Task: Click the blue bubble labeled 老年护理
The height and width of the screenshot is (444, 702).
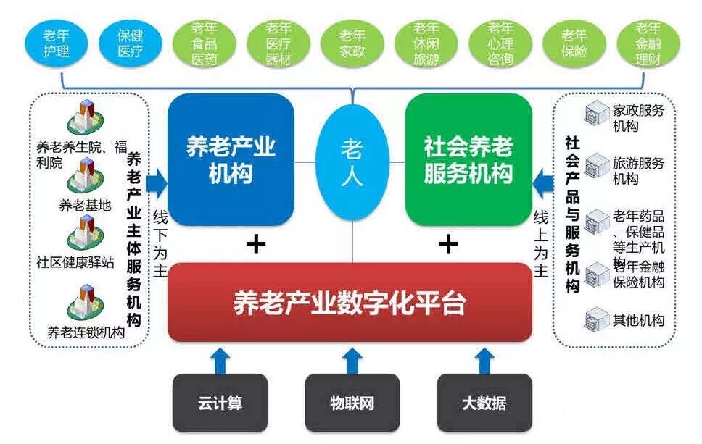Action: [x=57, y=43]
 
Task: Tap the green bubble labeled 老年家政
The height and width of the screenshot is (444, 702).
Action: [x=353, y=43]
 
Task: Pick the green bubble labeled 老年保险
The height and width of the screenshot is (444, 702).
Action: [x=574, y=43]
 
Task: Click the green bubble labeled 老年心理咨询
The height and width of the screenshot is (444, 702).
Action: [x=500, y=43]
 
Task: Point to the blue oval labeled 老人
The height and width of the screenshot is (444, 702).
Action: [x=352, y=163]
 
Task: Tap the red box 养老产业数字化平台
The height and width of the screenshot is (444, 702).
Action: [x=350, y=302]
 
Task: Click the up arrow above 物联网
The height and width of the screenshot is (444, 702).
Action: [x=352, y=360]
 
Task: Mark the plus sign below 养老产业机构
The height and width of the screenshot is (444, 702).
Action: [x=255, y=244]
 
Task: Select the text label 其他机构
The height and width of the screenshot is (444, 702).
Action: [x=638, y=320]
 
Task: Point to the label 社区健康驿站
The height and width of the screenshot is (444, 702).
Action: [x=75, y=262]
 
